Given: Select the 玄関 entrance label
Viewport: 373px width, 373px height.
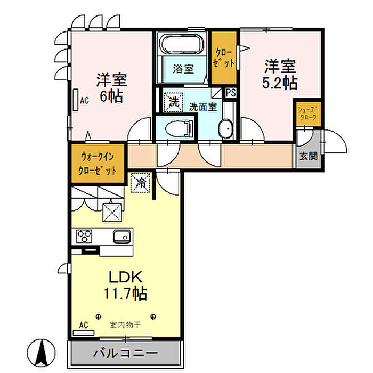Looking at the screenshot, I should coord(309,157).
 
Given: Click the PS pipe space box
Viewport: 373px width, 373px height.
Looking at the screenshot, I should coord(231,93).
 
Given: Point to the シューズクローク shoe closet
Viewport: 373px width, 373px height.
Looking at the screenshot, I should coord(309,113).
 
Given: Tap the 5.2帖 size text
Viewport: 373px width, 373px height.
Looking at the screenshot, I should coord(280,83).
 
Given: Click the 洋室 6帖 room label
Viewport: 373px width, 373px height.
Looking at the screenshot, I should coord(111,88).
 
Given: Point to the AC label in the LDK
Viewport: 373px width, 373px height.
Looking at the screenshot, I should coord(83,325).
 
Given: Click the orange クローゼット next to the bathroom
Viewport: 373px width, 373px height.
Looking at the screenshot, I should coord(225,58).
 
